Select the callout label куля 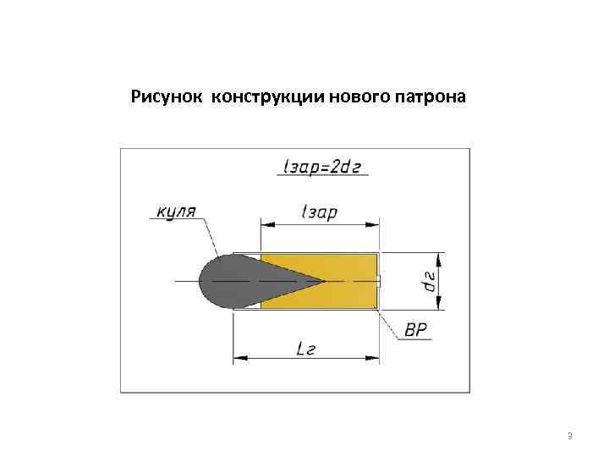177,210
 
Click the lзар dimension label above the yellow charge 319,212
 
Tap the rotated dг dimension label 430,281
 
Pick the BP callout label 416,330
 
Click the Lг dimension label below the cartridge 305,347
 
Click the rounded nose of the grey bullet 207,281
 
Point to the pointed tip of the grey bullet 324,280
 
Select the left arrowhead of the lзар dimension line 265,225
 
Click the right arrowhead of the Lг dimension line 375,359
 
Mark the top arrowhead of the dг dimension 438,256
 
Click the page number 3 570,436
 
